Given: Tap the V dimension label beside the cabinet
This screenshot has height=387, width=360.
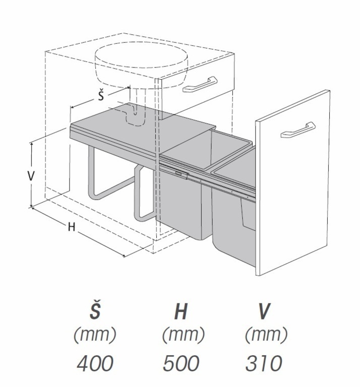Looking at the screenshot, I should click(31, 175).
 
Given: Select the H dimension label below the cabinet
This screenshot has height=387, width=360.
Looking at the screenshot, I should click(72, 227).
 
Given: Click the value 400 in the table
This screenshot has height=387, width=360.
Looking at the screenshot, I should click(95, 363).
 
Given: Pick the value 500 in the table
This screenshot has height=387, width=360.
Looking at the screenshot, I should click(181, 363).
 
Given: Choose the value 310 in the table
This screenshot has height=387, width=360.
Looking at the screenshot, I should click(264, 363).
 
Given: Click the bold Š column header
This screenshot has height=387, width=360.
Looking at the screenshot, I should click(95, 311).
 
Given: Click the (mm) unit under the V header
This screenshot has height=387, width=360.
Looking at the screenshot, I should click(266, 334).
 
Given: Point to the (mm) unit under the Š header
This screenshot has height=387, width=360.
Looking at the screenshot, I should click(95, 334).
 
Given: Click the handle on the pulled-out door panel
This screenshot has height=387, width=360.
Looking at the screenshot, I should click(298, 130).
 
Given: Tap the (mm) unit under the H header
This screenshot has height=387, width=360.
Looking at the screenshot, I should click(183, 334).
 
